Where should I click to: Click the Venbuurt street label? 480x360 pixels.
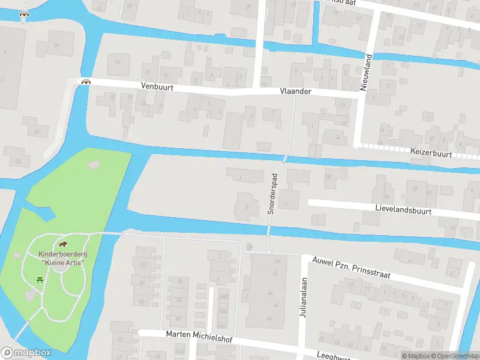coord(157,86)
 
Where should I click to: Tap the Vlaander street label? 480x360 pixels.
coord(295,91)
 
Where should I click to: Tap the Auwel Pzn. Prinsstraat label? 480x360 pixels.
coord(351,268)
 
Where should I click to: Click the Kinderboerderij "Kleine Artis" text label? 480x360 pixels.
coord(61,259)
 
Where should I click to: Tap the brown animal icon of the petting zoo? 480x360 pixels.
coord(62,245)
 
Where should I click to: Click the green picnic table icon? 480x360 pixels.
coord(40,278)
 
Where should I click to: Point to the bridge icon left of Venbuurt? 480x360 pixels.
coord(86,82)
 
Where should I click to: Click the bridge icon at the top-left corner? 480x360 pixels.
coord(24,14)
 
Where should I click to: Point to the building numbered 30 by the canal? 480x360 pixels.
coord(328,177)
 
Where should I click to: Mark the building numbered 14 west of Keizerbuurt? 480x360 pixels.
coord(337,137)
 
